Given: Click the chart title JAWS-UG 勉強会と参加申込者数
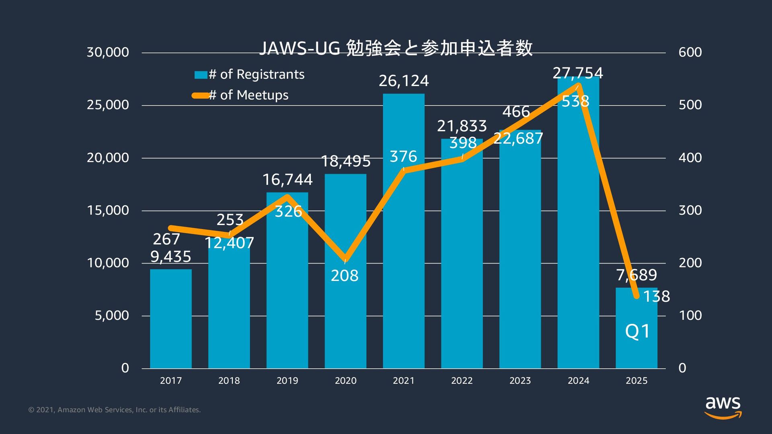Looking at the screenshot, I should (x=396, y=48).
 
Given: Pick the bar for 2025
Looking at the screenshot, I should (x=636, y=350).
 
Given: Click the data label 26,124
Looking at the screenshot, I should (x=404, y=81).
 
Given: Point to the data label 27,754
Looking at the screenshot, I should (x=578, y=73).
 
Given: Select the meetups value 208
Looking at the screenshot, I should (x=345, y=276).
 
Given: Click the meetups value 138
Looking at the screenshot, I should (x=656, y=297).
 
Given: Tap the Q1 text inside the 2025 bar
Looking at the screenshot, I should (x=637, y=331).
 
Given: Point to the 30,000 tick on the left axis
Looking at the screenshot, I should (x=108, y=52).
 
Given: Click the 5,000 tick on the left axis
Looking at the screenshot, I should (x=112, y=315).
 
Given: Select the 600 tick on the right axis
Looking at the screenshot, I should (x=690, y=52).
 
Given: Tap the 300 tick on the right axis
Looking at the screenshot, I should (x=690, y=210).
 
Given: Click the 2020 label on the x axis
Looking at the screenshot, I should (x=345, y=381).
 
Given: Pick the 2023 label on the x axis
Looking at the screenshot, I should (x=520, y=381).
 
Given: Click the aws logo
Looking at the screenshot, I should (x=723, y=407).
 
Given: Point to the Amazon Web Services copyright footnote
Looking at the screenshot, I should (x=115, y=410).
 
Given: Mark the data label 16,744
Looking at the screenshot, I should (x=287, y=180).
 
